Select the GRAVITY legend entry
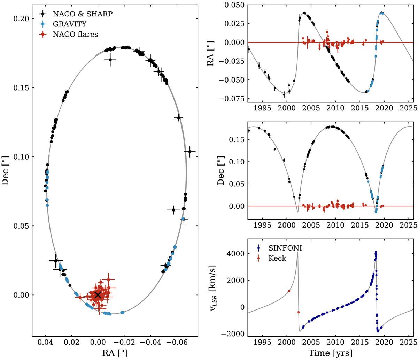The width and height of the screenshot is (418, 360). click(67, 24)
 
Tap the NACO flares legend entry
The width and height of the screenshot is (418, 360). click(71, 34)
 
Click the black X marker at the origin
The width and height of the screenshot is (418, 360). click(98, 295)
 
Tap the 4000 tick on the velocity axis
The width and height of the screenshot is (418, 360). click(236, 254)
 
